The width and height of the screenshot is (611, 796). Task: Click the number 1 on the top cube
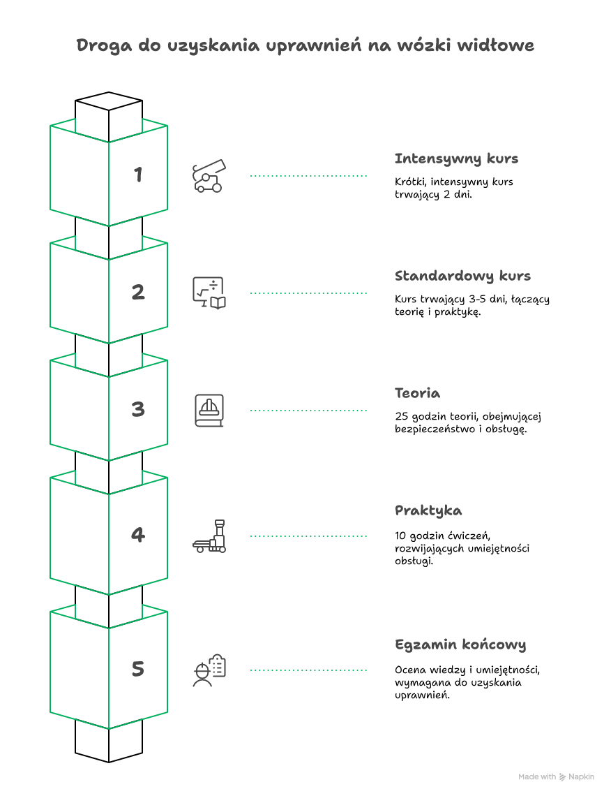138,175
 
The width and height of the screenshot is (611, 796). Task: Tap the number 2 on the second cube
138,292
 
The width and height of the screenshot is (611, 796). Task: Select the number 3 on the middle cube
138,409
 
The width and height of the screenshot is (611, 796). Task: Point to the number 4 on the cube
138,535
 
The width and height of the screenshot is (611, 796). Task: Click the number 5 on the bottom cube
138,669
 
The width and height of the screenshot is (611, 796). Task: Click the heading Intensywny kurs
456,159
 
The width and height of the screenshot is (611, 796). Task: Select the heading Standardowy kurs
462,277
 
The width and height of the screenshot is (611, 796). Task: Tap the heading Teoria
417,393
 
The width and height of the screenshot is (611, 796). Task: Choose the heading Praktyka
428,511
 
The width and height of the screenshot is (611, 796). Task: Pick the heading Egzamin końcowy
460,645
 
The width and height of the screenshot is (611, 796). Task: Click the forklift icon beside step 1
209,176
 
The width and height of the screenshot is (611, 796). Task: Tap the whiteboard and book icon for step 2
209,293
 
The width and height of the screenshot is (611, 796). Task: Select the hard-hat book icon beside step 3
209,410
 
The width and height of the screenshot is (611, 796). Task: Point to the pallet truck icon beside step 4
209,536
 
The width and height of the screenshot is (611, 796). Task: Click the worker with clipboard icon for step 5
209,670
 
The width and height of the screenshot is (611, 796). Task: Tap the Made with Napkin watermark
556,776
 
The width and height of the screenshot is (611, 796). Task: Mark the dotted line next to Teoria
308,410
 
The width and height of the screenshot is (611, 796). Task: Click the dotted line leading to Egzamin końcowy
308,670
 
